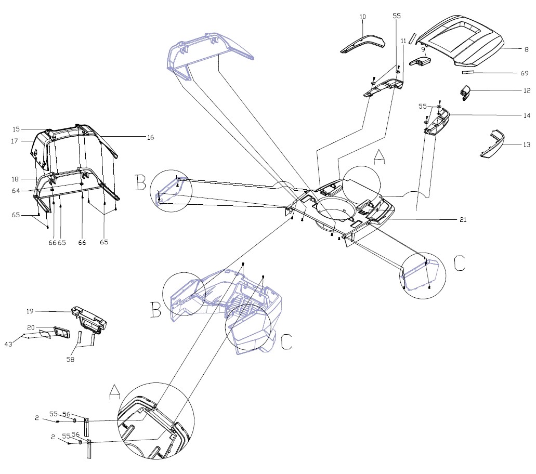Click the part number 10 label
pos(363,17)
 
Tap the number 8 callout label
pos(527,49)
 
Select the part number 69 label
pos(525,73)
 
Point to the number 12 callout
pos(527,90)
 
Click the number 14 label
pos(527,115)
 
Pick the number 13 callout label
pos(527,144)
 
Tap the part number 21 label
pos(463,220)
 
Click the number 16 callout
pos(150,137)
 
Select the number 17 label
pos(15,141)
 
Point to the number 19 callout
pos(30,311)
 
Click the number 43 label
pos(8,344)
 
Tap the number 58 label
pos(70,359)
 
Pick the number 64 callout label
pos(16,191)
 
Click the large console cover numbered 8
pos(460,41)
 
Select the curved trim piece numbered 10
pos(362,44)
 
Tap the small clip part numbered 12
pos(465,93)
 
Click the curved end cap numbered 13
pos(492,144)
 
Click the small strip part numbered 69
pos(468,72)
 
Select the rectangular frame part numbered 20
pos(61,332)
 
